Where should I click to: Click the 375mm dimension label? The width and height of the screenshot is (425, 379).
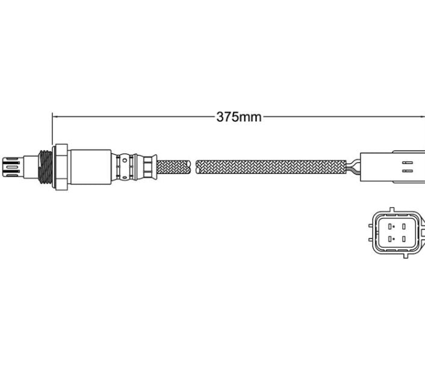pos(239,117)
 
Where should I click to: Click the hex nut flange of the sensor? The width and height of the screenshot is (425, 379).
pos(60,167)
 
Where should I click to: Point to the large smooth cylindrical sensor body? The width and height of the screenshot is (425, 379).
pos(90,166)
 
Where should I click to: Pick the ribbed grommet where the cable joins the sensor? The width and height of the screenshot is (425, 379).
pos(146,166)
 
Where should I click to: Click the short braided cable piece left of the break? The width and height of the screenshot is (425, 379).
pos(174,167)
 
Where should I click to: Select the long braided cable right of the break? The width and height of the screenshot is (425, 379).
pos(271,167)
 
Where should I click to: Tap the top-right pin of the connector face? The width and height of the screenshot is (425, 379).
pos(403,227)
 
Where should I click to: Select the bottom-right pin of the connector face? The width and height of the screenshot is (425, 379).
pos(403,239)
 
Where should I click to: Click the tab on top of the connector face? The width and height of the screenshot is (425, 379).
pos(391,210)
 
